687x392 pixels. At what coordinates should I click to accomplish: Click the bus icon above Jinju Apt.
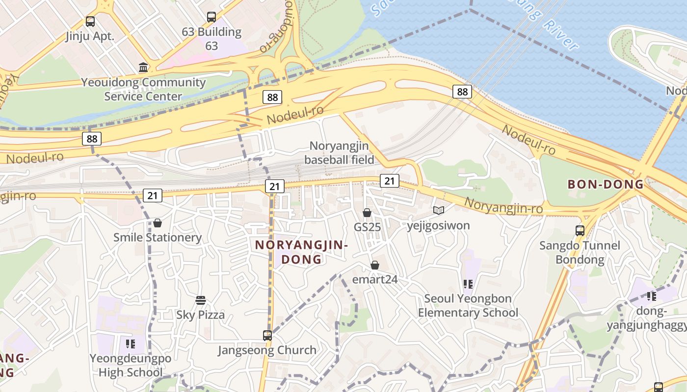[x=90, y=21]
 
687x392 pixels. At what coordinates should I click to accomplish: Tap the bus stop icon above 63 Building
[x=211, y=17]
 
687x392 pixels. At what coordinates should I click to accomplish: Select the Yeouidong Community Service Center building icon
[x=143, y=67]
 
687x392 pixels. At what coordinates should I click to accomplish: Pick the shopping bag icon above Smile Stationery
[x=158, y=223]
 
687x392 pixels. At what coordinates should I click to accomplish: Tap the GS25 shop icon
[x=367, y=213]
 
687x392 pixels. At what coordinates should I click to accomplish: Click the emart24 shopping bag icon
[x=375, y=265]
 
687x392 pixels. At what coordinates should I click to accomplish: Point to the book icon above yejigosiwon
[x=438, y=210]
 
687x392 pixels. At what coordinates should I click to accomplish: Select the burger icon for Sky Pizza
[x=200, y=300]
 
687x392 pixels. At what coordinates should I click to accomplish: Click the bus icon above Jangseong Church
[x=267, y=336]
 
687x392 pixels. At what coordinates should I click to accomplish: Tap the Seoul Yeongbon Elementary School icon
[x=468, y=284]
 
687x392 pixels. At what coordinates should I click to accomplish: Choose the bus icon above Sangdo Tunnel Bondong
[x=580, y=230]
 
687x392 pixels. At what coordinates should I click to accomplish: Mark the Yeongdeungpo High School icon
[x=130, y=343]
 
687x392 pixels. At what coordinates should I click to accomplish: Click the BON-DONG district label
[x=606, y=185]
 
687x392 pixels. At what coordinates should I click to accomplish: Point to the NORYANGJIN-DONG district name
[x=301, y=252]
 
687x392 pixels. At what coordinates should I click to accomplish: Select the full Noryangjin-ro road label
[x=503, y=206]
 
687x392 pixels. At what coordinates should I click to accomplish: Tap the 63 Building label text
[x=211, y=39]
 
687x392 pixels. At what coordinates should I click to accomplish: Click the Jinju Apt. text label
[x=90, y=36]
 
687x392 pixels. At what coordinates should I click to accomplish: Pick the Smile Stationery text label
[x=158, y=238]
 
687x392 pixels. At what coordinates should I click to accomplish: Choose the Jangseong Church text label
[x=267, y=350]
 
